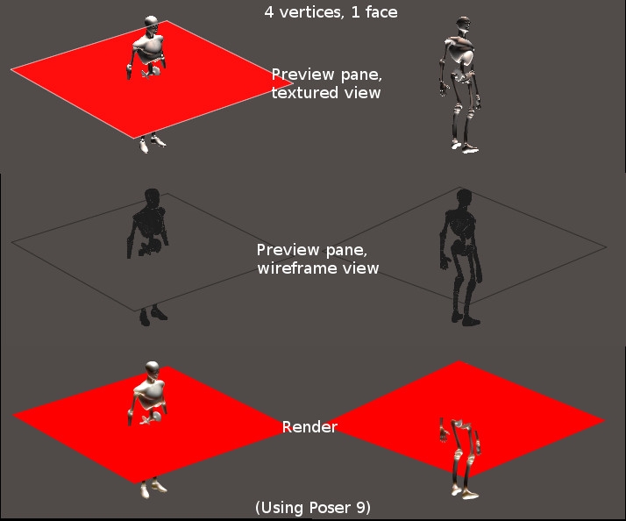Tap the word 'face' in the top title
click(x=381, y=12)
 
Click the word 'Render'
click(x=309, y=427)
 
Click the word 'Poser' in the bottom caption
click(x=331, y=508)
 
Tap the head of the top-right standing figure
click(x=463, y=25)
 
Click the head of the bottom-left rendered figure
click(x=152, y=369)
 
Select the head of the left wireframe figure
click(x=152, y=197)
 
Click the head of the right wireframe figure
click(x=464, y=198)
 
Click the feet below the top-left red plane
click(x=153, y=144)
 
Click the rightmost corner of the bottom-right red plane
click(x=605, y=420)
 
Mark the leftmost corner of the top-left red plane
click(x=11, y=69)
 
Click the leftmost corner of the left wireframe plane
click(x=11, y=242)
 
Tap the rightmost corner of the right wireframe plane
click(x=607, y=247)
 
